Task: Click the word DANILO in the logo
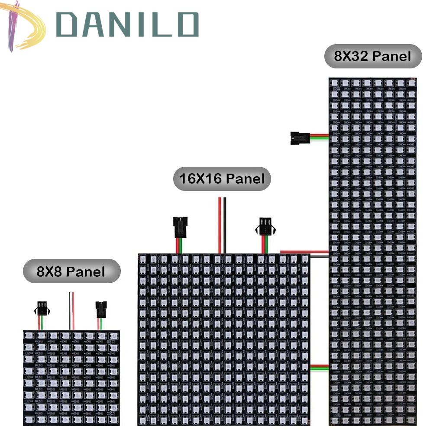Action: [x=127, y=25]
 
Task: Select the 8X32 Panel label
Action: [x=373, y=56]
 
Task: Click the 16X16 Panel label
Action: [x=222, y=178]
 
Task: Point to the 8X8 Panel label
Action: [x=71, y=271]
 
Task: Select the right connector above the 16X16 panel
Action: [x=265, y=226]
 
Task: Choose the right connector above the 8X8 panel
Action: [x=101, y=309]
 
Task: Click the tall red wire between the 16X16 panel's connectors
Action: [x=220, y=225]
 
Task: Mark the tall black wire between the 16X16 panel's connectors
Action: [x=225, y=225]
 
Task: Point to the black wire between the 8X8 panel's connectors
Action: [x=69, y=311]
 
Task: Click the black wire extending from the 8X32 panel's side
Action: [x=319, y=256]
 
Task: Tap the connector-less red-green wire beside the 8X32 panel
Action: [x=319, y=367]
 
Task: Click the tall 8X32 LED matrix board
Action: [x=373, y=251]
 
